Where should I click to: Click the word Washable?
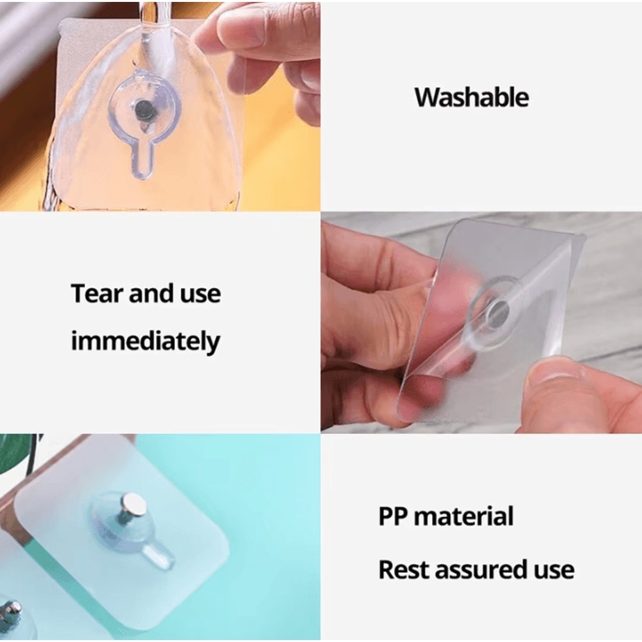tap(471, 98)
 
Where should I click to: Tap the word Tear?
tap(97, 294)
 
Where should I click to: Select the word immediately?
tap(145, 342)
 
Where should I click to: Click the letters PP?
tap(392, 517)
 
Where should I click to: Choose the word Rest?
tap(402, 569)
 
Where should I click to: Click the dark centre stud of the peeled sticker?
tap(497, 312)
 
